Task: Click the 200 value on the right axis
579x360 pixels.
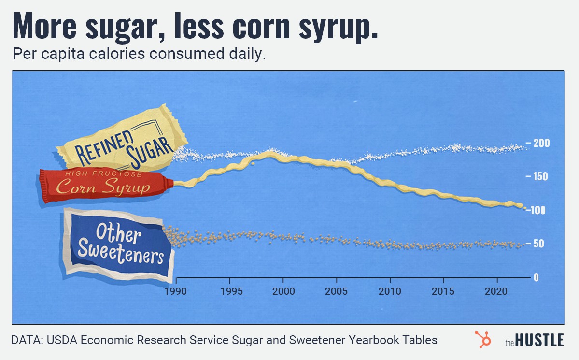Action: tap(541, 143)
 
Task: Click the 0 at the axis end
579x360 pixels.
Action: tap(536, 277)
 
